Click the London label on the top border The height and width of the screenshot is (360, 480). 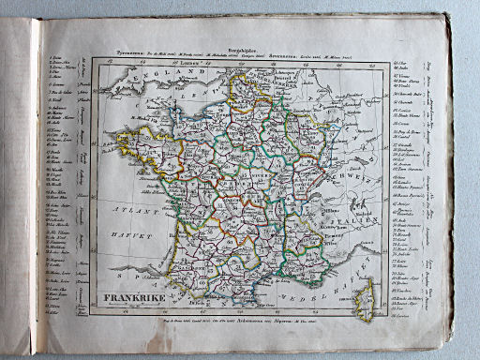[x=175, y=63]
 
